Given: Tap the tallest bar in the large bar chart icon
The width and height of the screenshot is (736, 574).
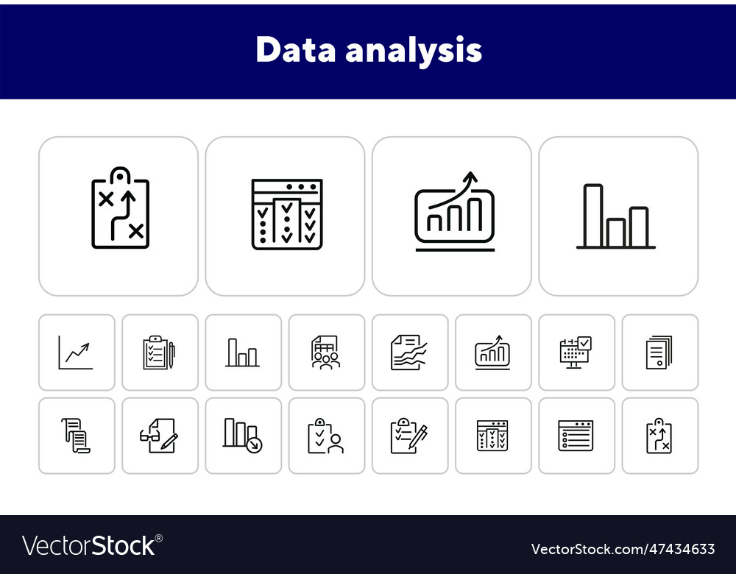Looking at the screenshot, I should pyautogui.click(x=593, y=215).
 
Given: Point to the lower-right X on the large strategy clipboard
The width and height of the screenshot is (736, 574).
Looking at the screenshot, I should pyautogui.click(x=135, y=232).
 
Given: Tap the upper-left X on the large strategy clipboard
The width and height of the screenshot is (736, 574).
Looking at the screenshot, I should pyautogui.click(x=106, y=199).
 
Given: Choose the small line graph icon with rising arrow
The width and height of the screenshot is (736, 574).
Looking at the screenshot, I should pyautogui.click(x=77, y=352).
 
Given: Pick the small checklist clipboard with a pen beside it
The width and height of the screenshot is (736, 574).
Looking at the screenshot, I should pyautogui.click(x=159, y=352).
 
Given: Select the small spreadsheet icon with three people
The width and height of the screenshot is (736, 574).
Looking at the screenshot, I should pyautogui.click(x=326, y=352).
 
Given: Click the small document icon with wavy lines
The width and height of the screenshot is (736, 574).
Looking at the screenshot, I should pyautogui.click(x=409, y=352).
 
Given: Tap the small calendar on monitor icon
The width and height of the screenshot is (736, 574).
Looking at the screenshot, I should pyautogui.click(x=576, y=352).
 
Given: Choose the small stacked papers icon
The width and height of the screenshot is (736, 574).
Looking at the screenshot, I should pyautogui.click(x=659, y=352).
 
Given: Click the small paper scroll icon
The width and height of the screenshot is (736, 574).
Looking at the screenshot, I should pyautogui.click(x=76, y=436).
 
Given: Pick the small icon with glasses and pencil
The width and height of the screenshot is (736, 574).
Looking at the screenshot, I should pyautogui.click(x=159, y=436).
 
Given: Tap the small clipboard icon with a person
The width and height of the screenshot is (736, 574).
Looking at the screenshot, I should pyautogui.click(x=326, y=436).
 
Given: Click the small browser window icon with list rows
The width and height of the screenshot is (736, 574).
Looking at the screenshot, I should pyautogui.click(x=576, y=436).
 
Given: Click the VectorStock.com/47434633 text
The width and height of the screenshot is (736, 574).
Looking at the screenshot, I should pyautogui.click(x=623, y=549).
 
